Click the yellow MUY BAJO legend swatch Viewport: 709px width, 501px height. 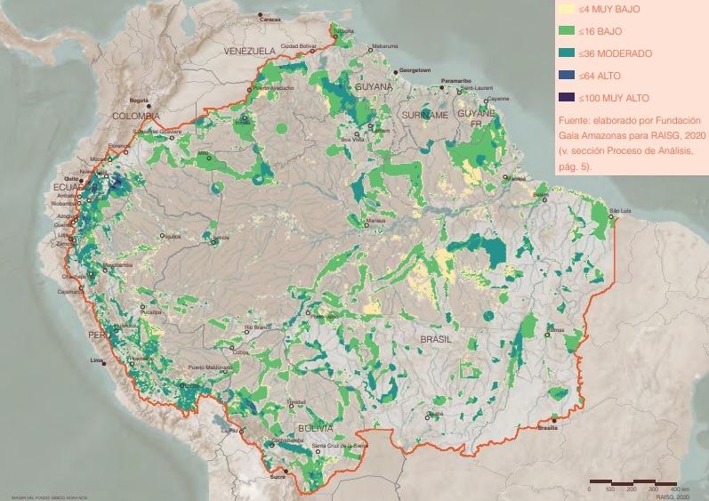coord(565,11)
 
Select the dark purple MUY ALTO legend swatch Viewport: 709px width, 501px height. coord(565,98)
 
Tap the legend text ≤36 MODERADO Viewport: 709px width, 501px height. coord(615,54)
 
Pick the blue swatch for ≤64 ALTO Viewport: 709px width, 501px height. coord(565,77)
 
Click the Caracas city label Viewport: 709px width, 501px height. coord(271,19)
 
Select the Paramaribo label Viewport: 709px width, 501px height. coord(456,81)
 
